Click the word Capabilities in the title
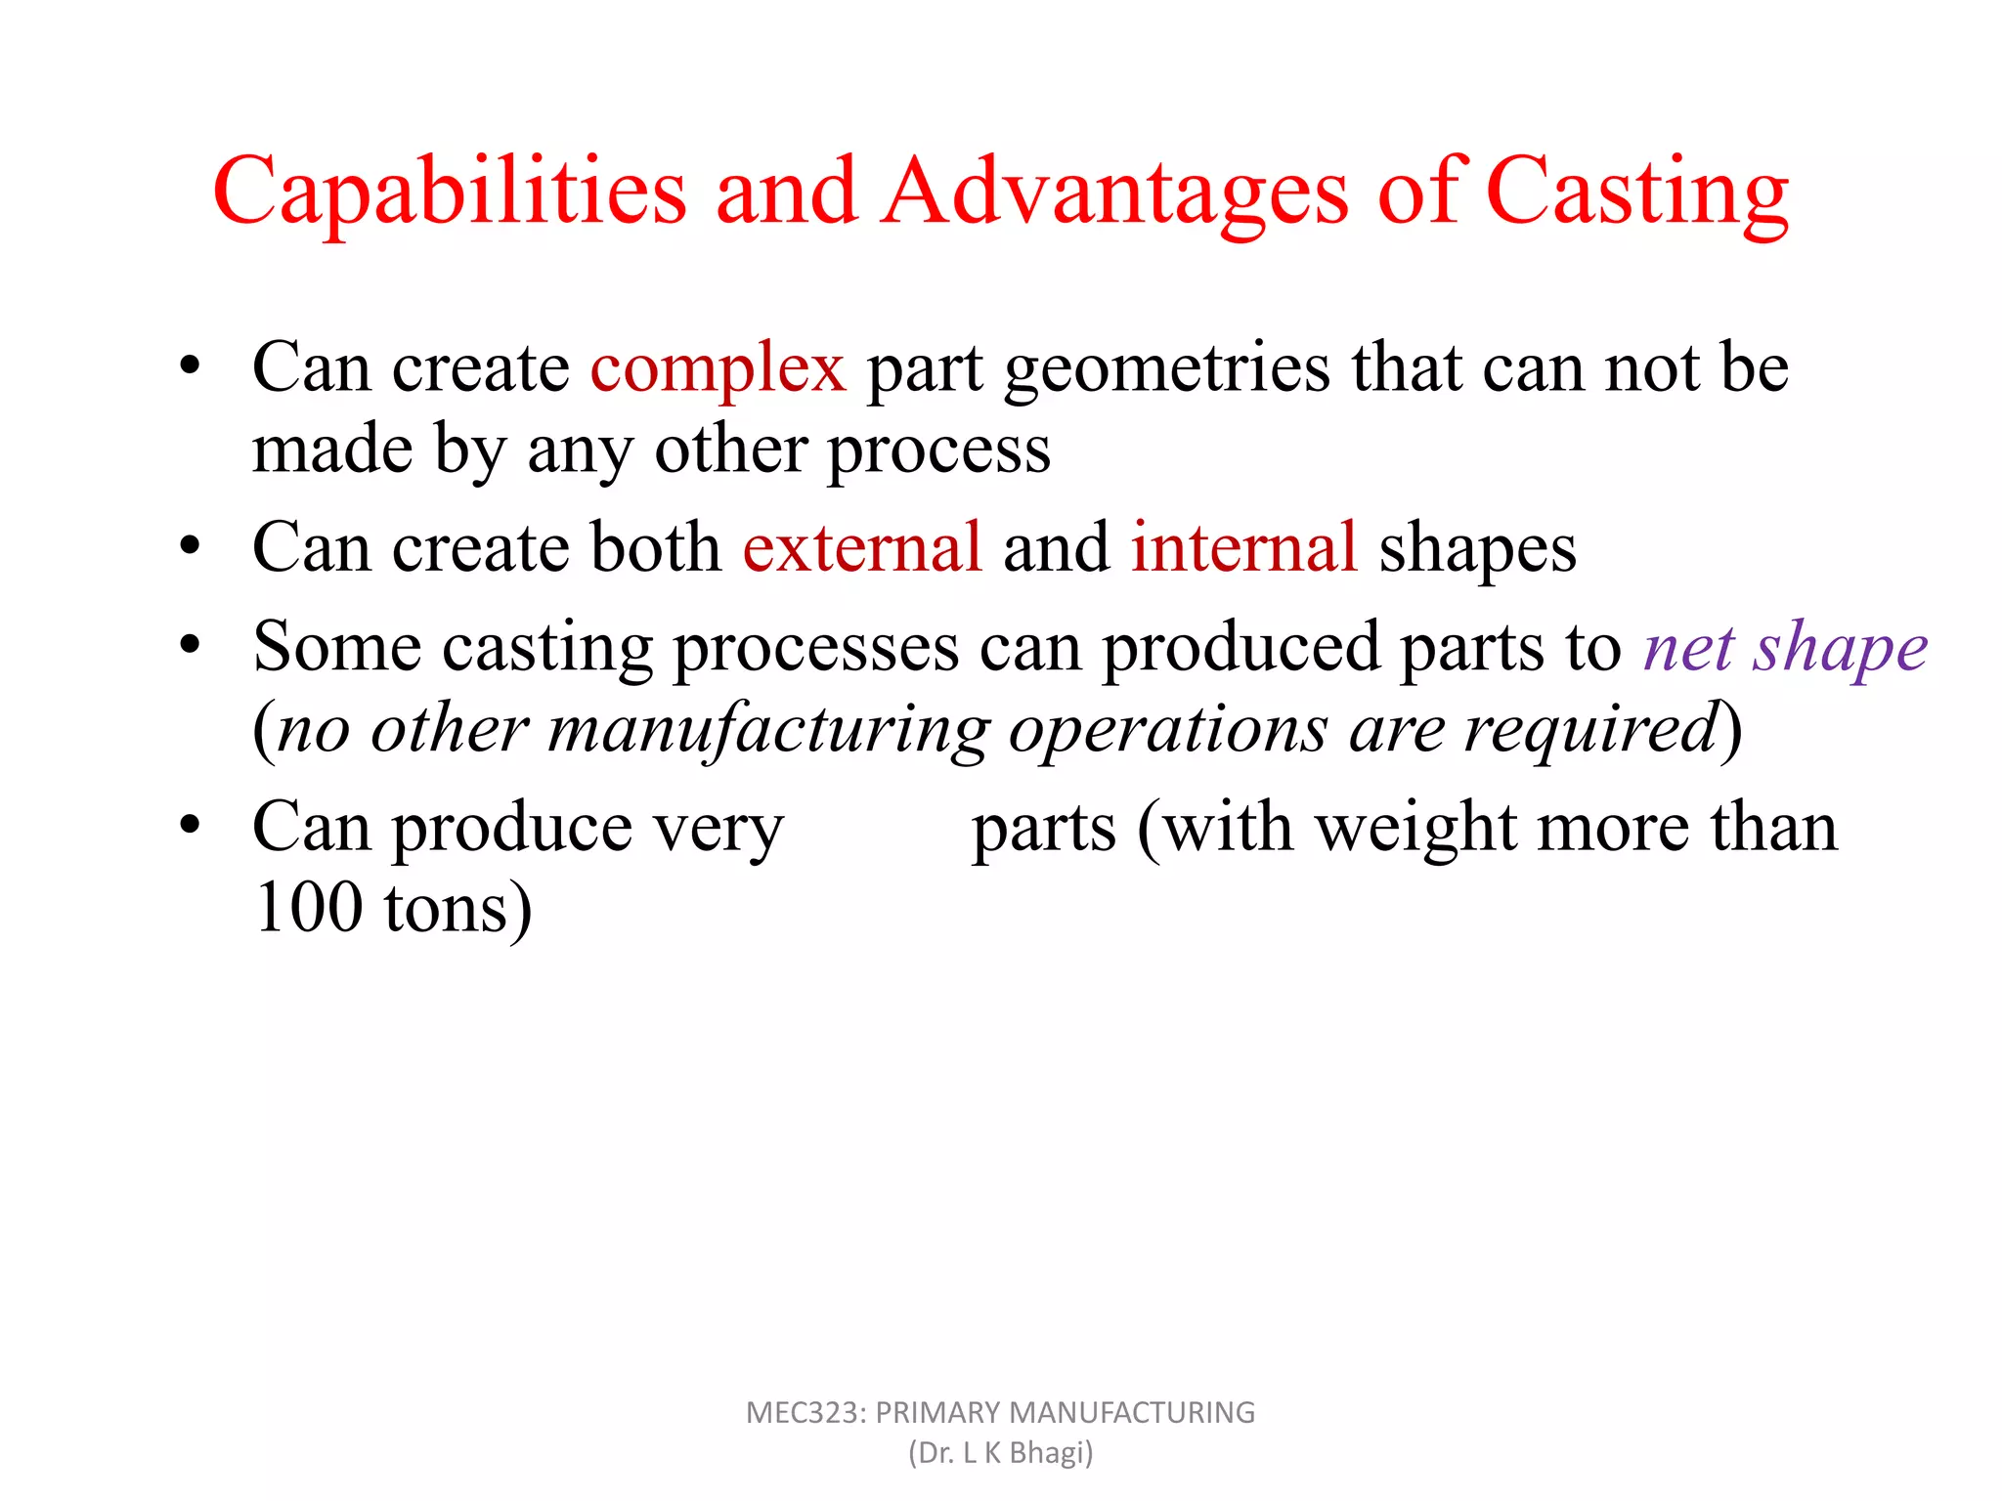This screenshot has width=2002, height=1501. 450,192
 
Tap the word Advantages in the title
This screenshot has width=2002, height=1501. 1115,192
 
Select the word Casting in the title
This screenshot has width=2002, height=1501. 1637,192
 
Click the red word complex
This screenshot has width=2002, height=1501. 718,370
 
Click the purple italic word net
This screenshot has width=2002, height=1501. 1688,648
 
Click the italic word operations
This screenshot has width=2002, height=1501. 1168,731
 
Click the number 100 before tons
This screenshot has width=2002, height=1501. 308,908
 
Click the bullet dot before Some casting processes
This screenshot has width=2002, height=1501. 190,645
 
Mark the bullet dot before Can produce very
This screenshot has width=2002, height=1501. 190,825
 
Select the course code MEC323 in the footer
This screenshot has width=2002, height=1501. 804,1413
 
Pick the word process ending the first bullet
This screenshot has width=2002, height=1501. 938,452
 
